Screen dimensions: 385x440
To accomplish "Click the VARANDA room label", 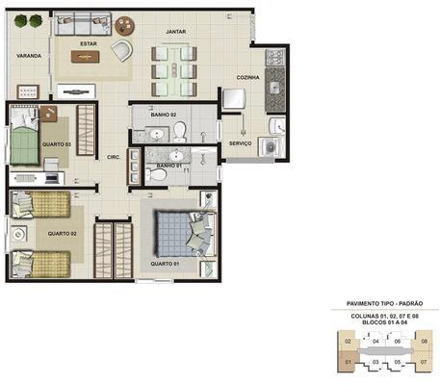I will tap(29, 57).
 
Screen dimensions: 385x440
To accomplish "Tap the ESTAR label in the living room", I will tap(88, 43).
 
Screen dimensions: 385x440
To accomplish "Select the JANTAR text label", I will tap(175, 32).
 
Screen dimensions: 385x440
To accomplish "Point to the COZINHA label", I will tap(250, 78).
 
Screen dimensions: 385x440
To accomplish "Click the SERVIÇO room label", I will tap(241, 143).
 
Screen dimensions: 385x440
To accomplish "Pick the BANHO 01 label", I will tap(169, 166).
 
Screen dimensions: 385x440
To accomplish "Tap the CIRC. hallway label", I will tap(112, 159).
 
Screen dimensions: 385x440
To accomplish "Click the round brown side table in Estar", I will tap(125, 26).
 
